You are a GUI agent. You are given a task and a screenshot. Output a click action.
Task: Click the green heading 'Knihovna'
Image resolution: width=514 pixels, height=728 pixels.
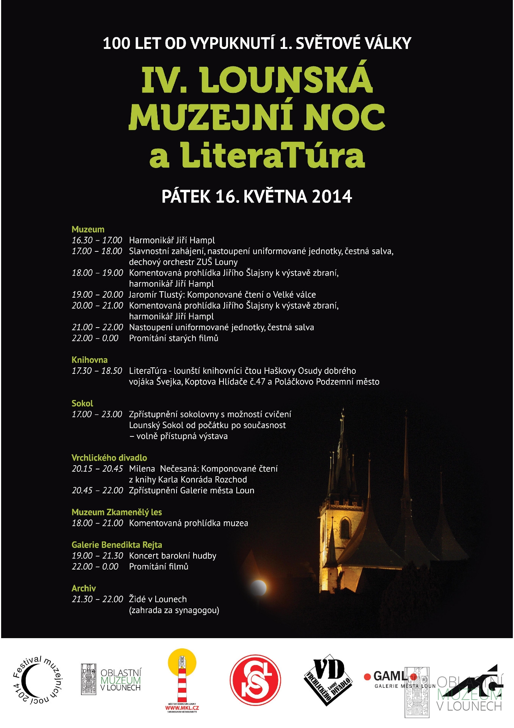click(x=89, y=360)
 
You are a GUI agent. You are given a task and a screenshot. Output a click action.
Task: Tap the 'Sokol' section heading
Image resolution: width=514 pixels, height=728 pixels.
click(x=82, y=403)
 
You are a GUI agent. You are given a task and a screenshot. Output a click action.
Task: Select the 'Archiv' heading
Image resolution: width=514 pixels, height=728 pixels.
click(x=84, y=588)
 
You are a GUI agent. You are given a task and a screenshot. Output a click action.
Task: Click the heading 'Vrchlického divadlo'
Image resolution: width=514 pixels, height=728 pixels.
click(x=109, y=458)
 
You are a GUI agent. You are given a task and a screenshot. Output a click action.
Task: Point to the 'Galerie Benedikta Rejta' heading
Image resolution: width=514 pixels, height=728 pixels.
click(x=117, y=545)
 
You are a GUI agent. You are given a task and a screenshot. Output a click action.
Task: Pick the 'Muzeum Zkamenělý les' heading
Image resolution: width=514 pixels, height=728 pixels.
click(x=117, y=512)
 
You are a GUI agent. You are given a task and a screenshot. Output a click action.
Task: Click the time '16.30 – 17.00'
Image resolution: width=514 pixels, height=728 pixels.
click(x=97, y=240)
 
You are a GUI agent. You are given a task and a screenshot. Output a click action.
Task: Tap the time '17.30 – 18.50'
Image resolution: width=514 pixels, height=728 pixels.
click(x=97, y=371)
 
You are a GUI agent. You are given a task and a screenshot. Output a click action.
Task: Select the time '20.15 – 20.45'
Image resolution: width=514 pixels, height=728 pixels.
click(x=97, y=469)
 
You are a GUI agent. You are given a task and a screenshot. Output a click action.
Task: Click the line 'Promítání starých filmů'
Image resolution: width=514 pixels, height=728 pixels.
click(x=173, y=338)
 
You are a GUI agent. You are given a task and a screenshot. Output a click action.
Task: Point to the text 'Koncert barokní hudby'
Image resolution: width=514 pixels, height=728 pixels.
click(x=173, y=556)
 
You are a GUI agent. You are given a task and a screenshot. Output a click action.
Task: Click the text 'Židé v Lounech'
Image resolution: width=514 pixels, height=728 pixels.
click(x=158, y=599)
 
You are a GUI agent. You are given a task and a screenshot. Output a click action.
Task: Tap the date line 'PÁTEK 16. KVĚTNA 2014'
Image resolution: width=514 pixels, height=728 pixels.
click(x=257, y=196)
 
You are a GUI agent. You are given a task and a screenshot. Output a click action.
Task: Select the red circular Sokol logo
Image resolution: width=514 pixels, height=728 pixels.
click(x=256, y=679)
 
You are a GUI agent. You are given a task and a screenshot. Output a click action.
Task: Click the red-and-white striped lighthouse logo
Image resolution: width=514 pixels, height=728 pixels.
click(x=182, y=680)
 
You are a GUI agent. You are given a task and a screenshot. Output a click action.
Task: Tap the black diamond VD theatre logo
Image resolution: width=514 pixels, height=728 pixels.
click(x=328, y=679)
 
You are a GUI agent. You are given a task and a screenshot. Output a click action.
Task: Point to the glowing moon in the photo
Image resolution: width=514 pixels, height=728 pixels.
click(x=259, y=587)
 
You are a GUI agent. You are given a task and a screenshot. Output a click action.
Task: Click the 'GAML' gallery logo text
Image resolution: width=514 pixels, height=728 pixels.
click(x=390, y=676)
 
